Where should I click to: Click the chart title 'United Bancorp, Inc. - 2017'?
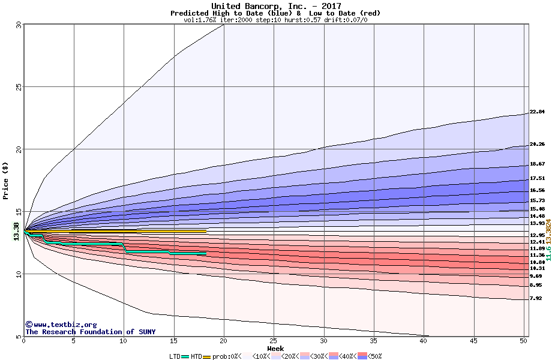[276, 6]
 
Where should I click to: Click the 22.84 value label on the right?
[537, 112]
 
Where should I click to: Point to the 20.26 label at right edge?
[537, 144]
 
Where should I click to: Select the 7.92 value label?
[536, 298]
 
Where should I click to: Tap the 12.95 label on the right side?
[537, 235]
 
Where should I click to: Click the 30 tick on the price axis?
[19, 25]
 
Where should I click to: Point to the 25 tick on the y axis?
[19, 86]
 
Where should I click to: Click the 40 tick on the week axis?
[424, 341]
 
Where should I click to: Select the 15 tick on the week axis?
[173, 341]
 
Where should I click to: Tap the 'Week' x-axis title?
[275, 349]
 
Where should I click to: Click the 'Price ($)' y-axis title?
[6, 179]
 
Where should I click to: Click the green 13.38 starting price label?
[16, 231]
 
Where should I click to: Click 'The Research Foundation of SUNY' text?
[89, 332]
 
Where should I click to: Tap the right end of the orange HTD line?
[206, 231]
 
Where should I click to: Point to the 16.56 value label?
[537, 190]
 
